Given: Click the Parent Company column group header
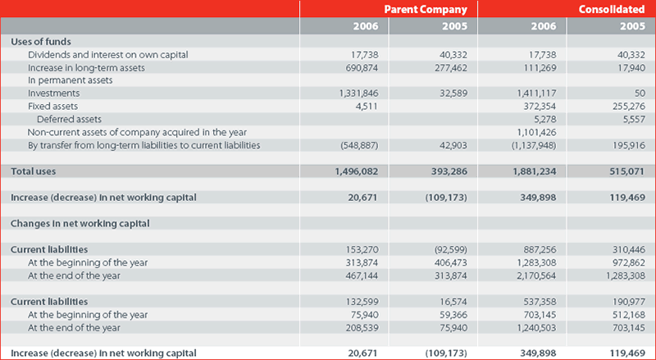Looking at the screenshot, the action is pyautogui.click(x=426, y=9).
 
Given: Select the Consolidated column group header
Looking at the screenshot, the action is pyautogui.click(x=612, y=9).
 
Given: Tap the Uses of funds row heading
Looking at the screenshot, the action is pyautogui.click(x=41, y=42).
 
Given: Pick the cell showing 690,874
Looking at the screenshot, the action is pyautogui.click(x=362, y=68).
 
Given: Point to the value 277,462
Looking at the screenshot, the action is pyautogui.click(x=451, y=68).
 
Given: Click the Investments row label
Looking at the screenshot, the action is pyautogui.click(x=53, y=93).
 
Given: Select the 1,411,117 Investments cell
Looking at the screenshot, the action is pyautogui.click(x=537, y=93).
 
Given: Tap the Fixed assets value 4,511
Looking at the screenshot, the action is pyautogui.click(x=367, y=107).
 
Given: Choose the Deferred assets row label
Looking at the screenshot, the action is pyautogui.click(x=69, y=119).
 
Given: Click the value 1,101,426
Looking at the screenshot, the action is pyautogui.click(x=537, y=133).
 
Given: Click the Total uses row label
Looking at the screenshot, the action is pyautogui.click(x=33, y=171).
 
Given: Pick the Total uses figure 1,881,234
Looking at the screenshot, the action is pyautogui.click(x=535, y=171).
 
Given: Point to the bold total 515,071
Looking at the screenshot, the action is pyautogui.click(x=627, y=171).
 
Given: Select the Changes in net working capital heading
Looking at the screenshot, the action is pyautogui.click(x=80, y=224).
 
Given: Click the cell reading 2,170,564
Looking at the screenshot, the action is pyautogui.click(x=537, y=276).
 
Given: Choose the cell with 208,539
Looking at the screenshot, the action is pyautogui.click(x=362, y=328).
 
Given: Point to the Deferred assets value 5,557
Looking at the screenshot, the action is pyautogui.click(x=634, y=119).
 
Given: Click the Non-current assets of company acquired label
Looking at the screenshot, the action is pyautogui.click(x=137, y=133).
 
